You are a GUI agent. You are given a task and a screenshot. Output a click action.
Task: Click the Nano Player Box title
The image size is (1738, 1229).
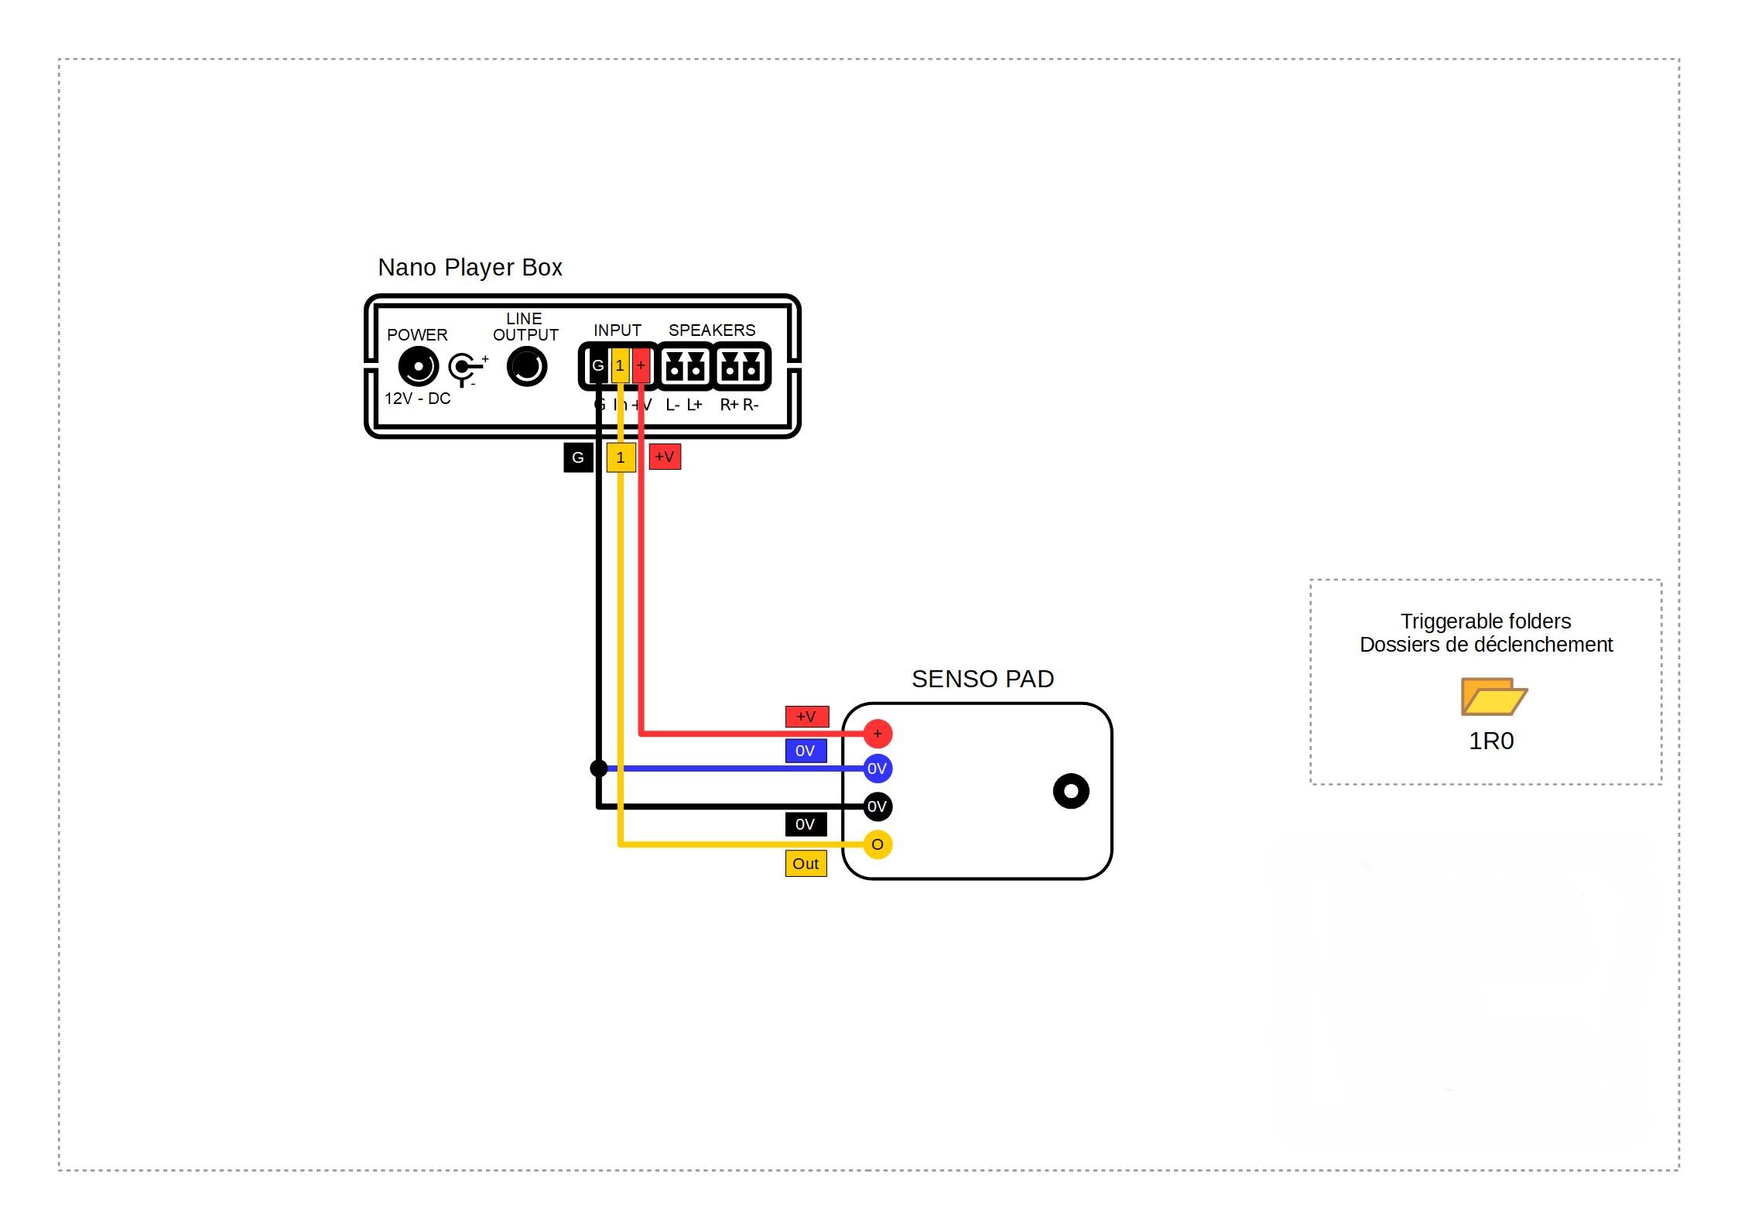pyautogui.click(x=470, y=268)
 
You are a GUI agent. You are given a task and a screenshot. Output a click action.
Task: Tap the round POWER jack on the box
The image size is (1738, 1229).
pyautogui.click(x=418, y=367)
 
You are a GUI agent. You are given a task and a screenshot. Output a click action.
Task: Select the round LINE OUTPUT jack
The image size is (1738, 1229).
pyautogui.click(x=527, y=367)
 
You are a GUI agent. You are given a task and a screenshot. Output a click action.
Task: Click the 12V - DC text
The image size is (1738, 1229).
pyautogui.click(x=418, y=399)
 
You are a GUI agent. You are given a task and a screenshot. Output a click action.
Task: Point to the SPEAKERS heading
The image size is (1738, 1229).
pyautogui.click(x=712, y=330)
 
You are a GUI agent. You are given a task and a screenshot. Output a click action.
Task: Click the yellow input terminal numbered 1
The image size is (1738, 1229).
pyautogui.click(x=620, y=365)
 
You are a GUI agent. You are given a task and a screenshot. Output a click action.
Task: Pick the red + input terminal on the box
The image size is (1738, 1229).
pyautogui.click(x=641, y=365)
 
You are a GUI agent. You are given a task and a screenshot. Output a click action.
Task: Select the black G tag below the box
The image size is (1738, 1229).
pyautogui.click(x=578, y=457)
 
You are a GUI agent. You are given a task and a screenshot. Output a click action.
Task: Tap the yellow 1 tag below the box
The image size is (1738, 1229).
pyautogui.click(x=621, y=457)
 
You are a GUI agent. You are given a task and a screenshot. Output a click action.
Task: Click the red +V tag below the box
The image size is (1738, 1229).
pyautogui.click(x=665, y=457)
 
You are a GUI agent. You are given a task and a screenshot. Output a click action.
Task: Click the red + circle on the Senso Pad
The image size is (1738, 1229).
pyautogui.click(x=878, y=734)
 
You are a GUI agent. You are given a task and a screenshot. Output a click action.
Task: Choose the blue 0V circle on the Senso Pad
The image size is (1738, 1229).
pyautogui.click(x=878, y=769)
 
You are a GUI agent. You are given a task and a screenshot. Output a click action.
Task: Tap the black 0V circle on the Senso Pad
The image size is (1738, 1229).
pyautogui.click(x=878, y=806)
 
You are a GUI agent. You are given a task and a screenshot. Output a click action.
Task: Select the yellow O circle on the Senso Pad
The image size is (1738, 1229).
pyautogui.click(x=878, y=844)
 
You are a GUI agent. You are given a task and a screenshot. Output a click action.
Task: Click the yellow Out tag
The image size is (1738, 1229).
pyautogui.click(x=806, y=864)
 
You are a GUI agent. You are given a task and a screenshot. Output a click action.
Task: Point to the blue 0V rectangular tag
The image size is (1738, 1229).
pyautogui.click(x=806, y=751)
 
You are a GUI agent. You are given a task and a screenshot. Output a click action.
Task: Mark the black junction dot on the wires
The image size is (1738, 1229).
pyautogui.click(x=599, y=769)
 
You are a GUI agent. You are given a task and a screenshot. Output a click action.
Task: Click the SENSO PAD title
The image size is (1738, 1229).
pyautogui.click(x=983, y=680)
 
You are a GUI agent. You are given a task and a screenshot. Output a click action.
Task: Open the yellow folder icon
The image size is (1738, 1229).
pyautogui.click(x=1493, y=697)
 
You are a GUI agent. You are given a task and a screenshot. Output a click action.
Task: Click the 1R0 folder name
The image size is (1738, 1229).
pyautogui.click(x=1491, y=741)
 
